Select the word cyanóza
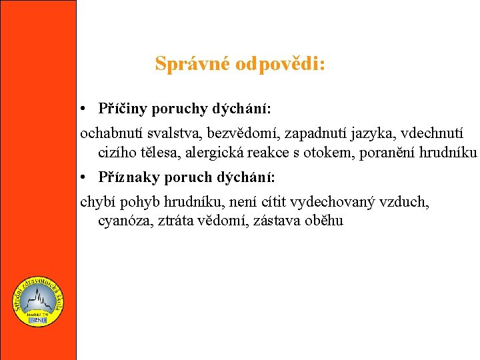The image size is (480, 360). click(x=125, y=221)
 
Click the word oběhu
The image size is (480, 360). click(x=325, y=221)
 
